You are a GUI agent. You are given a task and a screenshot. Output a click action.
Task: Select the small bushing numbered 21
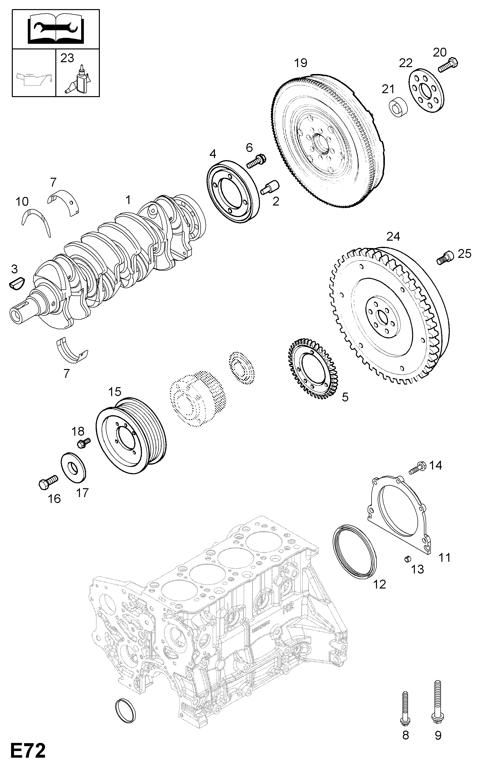(x=399, y=107)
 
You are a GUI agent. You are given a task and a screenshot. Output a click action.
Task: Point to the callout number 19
(x=300, y=63)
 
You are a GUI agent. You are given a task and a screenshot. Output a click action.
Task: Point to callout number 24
(x=393, y=236)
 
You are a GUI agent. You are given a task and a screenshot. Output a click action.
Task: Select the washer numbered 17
(x=74, y=466)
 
